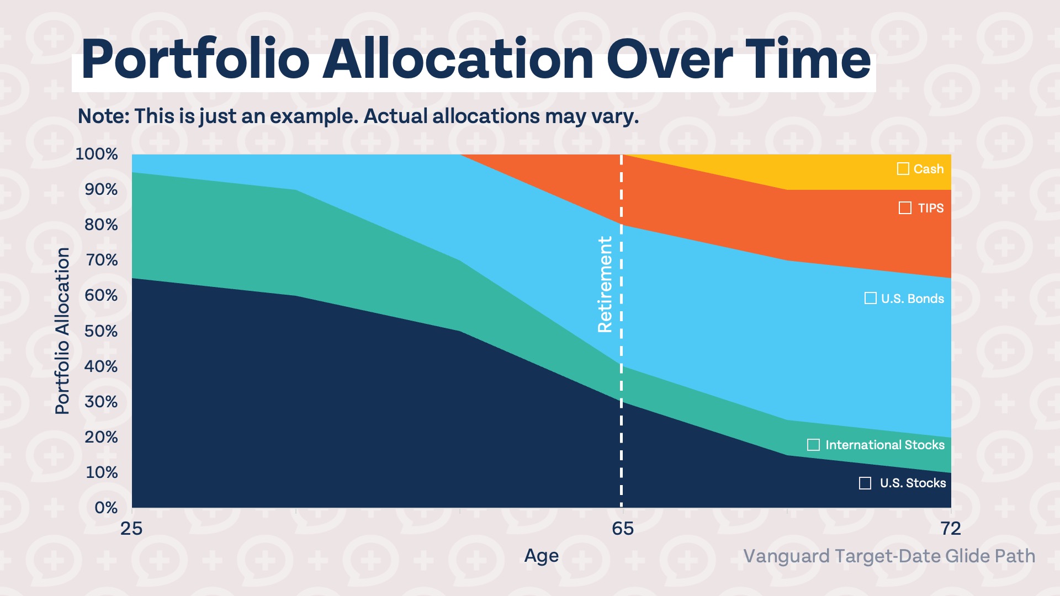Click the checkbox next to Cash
click(x=903, y=169)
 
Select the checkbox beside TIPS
click(x=905, y=208)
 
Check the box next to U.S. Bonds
click(x=870, y=299)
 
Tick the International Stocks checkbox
click(x=813, y=445)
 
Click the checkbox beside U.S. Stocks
click(x=865, y=483)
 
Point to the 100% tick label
click(x=97, y=154)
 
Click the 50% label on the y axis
click(x=101, y=331)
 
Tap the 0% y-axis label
click(x=106, y=508)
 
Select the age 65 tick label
click(x=623, y=529)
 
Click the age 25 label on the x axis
click(x=131, y=529)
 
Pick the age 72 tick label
click(x=951, y=529)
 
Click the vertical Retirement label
click(x=605, y=284)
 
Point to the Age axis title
click(x=541, y=556)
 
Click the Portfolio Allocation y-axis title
click(x=62, y=331)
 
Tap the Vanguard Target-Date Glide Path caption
click(x=889, y=556)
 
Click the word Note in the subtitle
click(x=102, y=116)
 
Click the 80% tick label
click(x=101, y=225)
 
